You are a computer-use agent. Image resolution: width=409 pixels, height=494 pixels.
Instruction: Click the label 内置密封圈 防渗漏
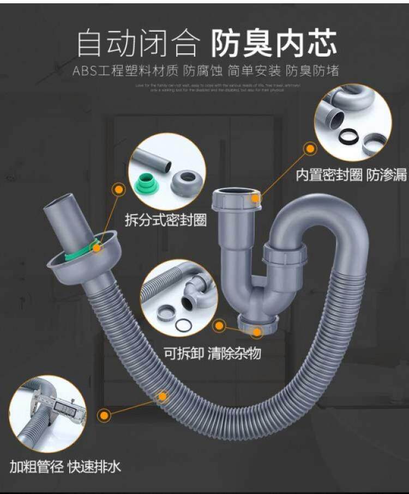point(351,175)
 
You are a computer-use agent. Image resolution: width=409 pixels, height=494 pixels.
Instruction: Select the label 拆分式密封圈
point(165,220)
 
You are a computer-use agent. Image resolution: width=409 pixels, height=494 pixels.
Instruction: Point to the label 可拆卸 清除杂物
point(213,353)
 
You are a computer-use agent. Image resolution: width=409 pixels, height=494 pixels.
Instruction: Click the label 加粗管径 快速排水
point(65,466)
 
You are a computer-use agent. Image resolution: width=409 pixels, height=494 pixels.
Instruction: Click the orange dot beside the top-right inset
point(310,148)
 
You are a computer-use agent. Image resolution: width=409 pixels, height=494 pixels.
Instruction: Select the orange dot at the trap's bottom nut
point(219,326)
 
